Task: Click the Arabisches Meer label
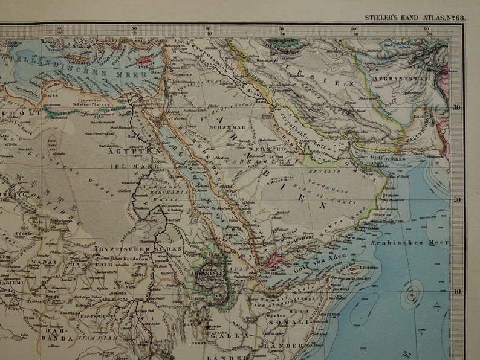[x=419, y=243]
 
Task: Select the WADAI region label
[x=43, y=263]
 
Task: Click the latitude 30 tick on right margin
[x=456, y=108]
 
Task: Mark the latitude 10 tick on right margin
[x=456, y=291]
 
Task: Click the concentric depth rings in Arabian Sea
[x=412, y=297]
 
